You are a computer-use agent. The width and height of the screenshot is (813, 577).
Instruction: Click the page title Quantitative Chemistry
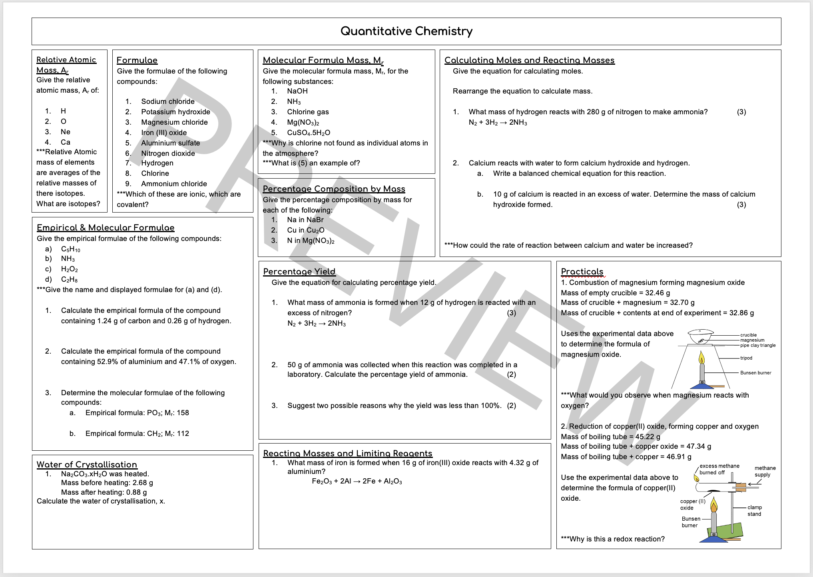click(406, 31)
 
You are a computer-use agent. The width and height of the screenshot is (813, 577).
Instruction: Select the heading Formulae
click(137, 60)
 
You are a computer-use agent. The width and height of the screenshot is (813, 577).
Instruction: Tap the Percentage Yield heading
click(299, 272)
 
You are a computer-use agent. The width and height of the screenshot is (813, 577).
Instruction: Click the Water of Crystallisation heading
click(87, 465)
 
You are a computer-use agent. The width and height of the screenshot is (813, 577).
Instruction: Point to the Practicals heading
click(582, 272)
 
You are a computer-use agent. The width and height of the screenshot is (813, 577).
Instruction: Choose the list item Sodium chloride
click(168, 101)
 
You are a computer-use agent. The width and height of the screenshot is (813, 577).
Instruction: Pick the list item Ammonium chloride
click(174, 184)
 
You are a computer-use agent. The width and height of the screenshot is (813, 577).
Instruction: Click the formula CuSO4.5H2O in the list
click(309, 133)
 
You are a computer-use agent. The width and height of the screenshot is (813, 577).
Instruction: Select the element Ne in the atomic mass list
click(66, 132)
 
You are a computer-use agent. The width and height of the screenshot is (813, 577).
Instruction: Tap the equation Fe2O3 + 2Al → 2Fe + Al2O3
click(357, 481)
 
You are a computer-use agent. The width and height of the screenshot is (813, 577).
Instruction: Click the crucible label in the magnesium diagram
click(748, 335)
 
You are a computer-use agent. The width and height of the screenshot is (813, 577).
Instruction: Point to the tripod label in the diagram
click(746, 358)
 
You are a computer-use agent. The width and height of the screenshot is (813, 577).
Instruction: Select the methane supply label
click(765, 472)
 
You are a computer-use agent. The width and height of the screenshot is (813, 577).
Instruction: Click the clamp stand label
click(755, 511)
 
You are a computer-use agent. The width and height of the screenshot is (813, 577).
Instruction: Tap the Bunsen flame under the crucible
click(701, 357)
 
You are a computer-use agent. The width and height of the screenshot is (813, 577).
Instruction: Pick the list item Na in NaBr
click(305, 220)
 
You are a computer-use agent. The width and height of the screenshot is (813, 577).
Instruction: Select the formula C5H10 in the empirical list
click(70, 249)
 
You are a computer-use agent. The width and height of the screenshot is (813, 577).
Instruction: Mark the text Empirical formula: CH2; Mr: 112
click(137, 434)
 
